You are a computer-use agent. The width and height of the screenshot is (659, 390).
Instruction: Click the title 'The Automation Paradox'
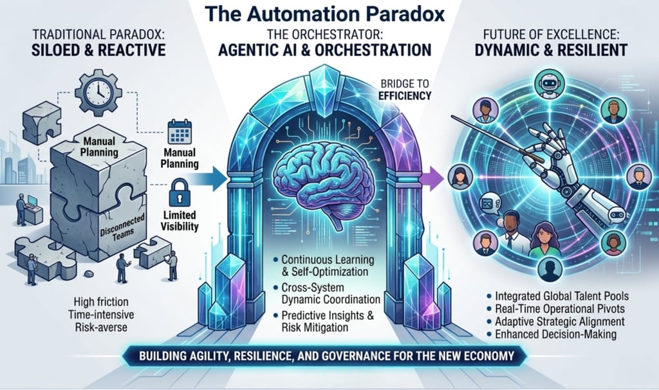329,14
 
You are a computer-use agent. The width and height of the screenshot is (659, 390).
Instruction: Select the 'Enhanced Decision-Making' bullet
555,334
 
